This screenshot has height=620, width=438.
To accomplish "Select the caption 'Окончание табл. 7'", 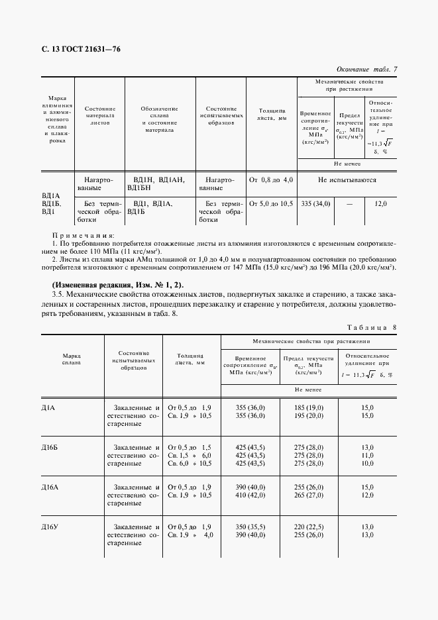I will [x=366, y=70].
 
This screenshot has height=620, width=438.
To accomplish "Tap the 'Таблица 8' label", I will [x=371, y=327].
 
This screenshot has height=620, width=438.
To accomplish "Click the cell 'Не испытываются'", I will [x=347, y=180].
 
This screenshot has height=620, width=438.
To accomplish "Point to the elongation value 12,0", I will [x=380, y=204].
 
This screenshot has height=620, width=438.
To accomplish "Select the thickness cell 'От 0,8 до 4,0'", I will [x=271, y=180].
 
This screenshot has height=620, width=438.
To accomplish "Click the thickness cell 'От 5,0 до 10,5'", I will [x=271, y=204].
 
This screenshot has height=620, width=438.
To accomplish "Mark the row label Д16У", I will [x=50, y=527].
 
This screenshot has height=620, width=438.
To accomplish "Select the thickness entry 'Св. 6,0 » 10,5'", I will [x=190, y=464].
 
